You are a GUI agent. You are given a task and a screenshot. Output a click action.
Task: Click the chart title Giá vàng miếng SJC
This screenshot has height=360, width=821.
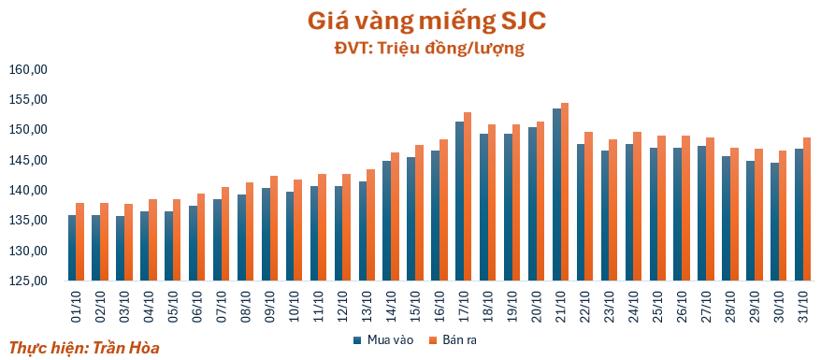coord(426,21)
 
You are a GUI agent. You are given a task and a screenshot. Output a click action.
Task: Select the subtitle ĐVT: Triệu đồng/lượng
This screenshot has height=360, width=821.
coord(429,49)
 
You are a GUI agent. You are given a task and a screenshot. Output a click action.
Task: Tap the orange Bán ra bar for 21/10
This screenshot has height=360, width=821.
coord(565,192)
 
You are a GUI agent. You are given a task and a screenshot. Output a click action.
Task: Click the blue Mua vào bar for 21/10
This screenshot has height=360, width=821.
coord(556,194)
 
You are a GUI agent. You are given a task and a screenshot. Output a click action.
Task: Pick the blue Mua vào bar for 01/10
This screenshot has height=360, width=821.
coord(72,248)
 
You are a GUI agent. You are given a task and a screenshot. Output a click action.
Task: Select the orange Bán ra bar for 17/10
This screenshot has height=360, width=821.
coord(468,196)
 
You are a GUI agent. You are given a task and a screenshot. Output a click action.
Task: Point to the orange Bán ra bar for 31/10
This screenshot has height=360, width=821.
coord(807,209)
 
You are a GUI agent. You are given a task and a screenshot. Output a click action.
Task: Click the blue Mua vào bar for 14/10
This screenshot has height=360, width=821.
coord(387,221)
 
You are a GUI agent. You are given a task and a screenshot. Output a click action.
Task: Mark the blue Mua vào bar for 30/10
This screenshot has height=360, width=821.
coord(774,222)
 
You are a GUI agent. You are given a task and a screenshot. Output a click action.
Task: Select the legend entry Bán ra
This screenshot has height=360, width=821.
coord(453,340)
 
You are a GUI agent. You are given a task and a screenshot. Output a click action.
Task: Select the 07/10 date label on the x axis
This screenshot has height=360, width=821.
coord(222,307)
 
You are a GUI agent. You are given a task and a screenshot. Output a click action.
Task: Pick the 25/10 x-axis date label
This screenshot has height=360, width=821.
coord(658,307)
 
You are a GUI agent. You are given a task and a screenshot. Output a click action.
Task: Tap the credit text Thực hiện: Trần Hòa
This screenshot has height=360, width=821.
coord(84,348)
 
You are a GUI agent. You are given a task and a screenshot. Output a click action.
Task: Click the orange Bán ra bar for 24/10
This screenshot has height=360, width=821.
coord(637,206)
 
